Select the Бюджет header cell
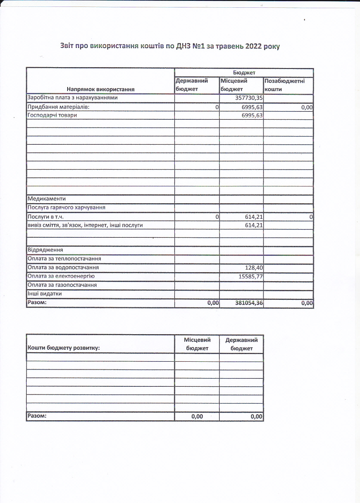[x=244, y=73]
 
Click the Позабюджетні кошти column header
[x=285, y=85]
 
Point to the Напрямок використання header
[x=100, y=89]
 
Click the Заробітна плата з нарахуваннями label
[x=72, y=98]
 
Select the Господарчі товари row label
[x=52, y=115]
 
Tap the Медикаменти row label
[x=46, y=199]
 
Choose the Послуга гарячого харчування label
[x=66, y=208]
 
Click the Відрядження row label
[x=45, y=250]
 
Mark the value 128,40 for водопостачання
[x=254, y=267]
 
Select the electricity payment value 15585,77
[x=251, y=276]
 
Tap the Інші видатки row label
[x=44, y=293]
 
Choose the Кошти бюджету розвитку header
[x=63, y=348]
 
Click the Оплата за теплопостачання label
[x=64, y=259]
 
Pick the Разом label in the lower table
[x=37, y=416]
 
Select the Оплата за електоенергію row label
[x=61, y=276]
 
